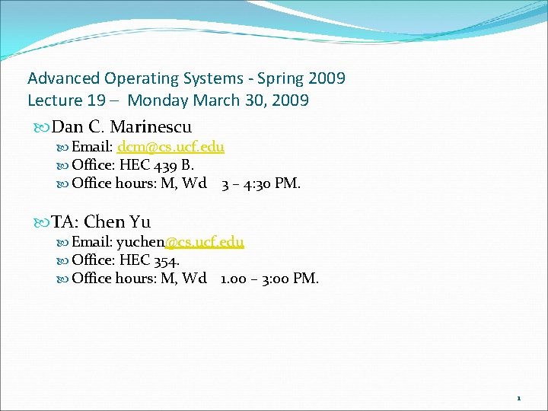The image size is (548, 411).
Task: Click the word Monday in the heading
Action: (158, 100)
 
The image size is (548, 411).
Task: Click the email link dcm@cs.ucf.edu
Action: (170, 147)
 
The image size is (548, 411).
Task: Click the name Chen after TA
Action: (104, 222)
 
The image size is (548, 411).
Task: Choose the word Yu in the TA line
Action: (140, 222)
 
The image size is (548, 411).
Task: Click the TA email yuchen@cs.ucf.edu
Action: (180, 242)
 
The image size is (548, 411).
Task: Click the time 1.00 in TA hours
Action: (234, 279)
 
